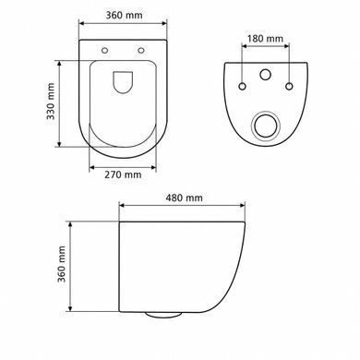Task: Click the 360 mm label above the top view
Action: pos(125,15)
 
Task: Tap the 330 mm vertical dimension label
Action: pos(50,102)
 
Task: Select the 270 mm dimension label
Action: pos(123,174)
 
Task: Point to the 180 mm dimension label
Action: pos(265,39)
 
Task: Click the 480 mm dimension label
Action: pos(184,198)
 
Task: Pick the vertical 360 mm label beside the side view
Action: pos(61,264)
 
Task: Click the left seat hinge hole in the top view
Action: pos(105,50)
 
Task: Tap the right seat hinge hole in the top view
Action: pos(141,50)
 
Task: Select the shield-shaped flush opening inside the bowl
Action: pos(123,82)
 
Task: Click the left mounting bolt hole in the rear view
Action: pos(243,86)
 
